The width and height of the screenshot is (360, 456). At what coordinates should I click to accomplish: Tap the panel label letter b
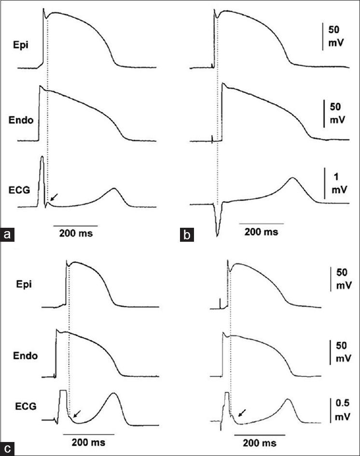(185, 235)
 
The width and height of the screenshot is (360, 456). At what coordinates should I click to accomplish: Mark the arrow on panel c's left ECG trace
(76, 412)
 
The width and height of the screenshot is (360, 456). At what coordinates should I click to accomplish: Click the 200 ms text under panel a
(74, 234)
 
